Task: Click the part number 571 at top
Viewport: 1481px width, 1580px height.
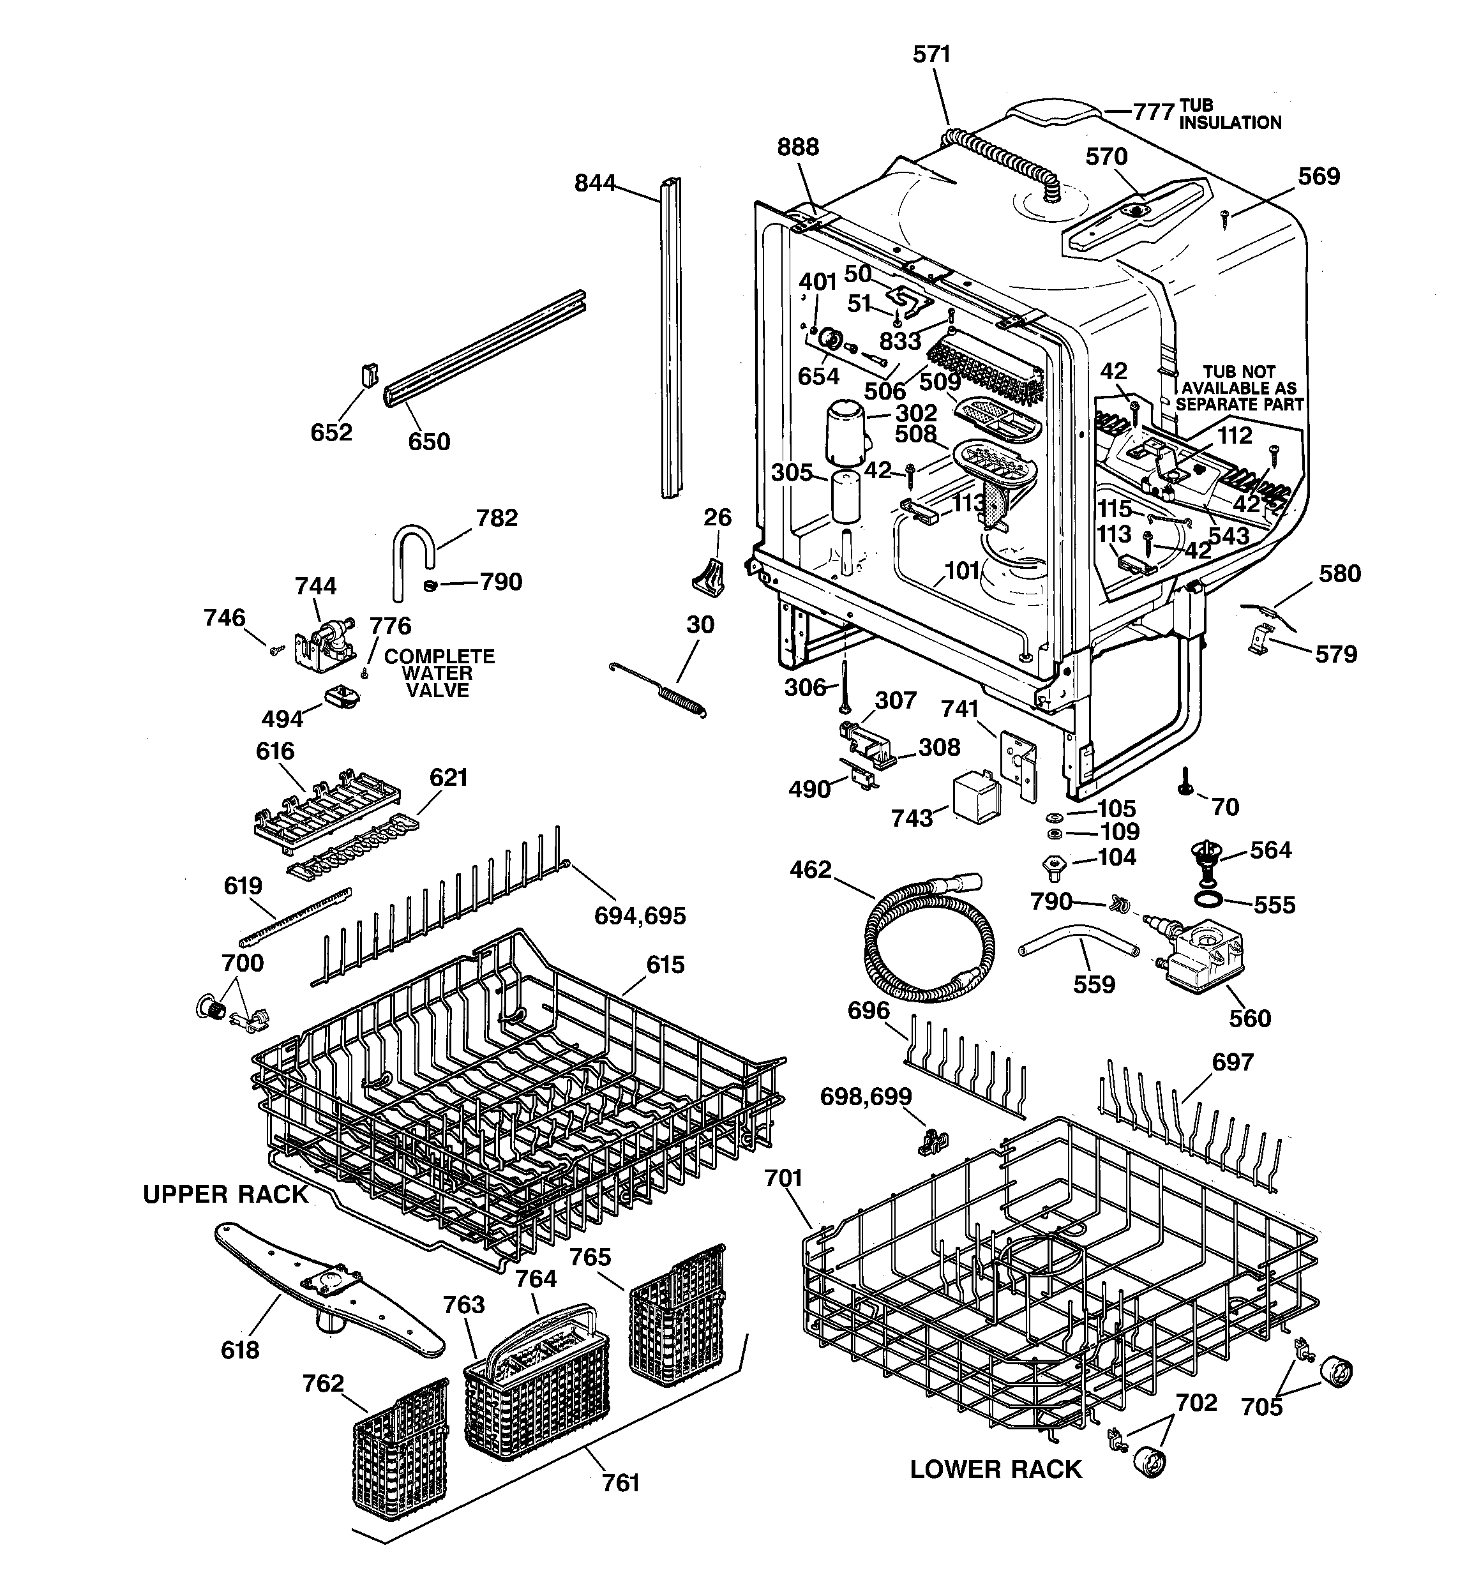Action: point(931,54)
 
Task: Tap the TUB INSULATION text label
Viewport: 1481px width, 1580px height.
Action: point(1229,114)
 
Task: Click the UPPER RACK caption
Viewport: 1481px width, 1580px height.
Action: point(225,1194)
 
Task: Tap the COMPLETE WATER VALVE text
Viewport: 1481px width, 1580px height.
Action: point(439,673)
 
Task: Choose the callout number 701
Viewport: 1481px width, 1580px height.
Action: point(783,1178)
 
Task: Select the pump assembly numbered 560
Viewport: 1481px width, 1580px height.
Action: point(1200,956)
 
